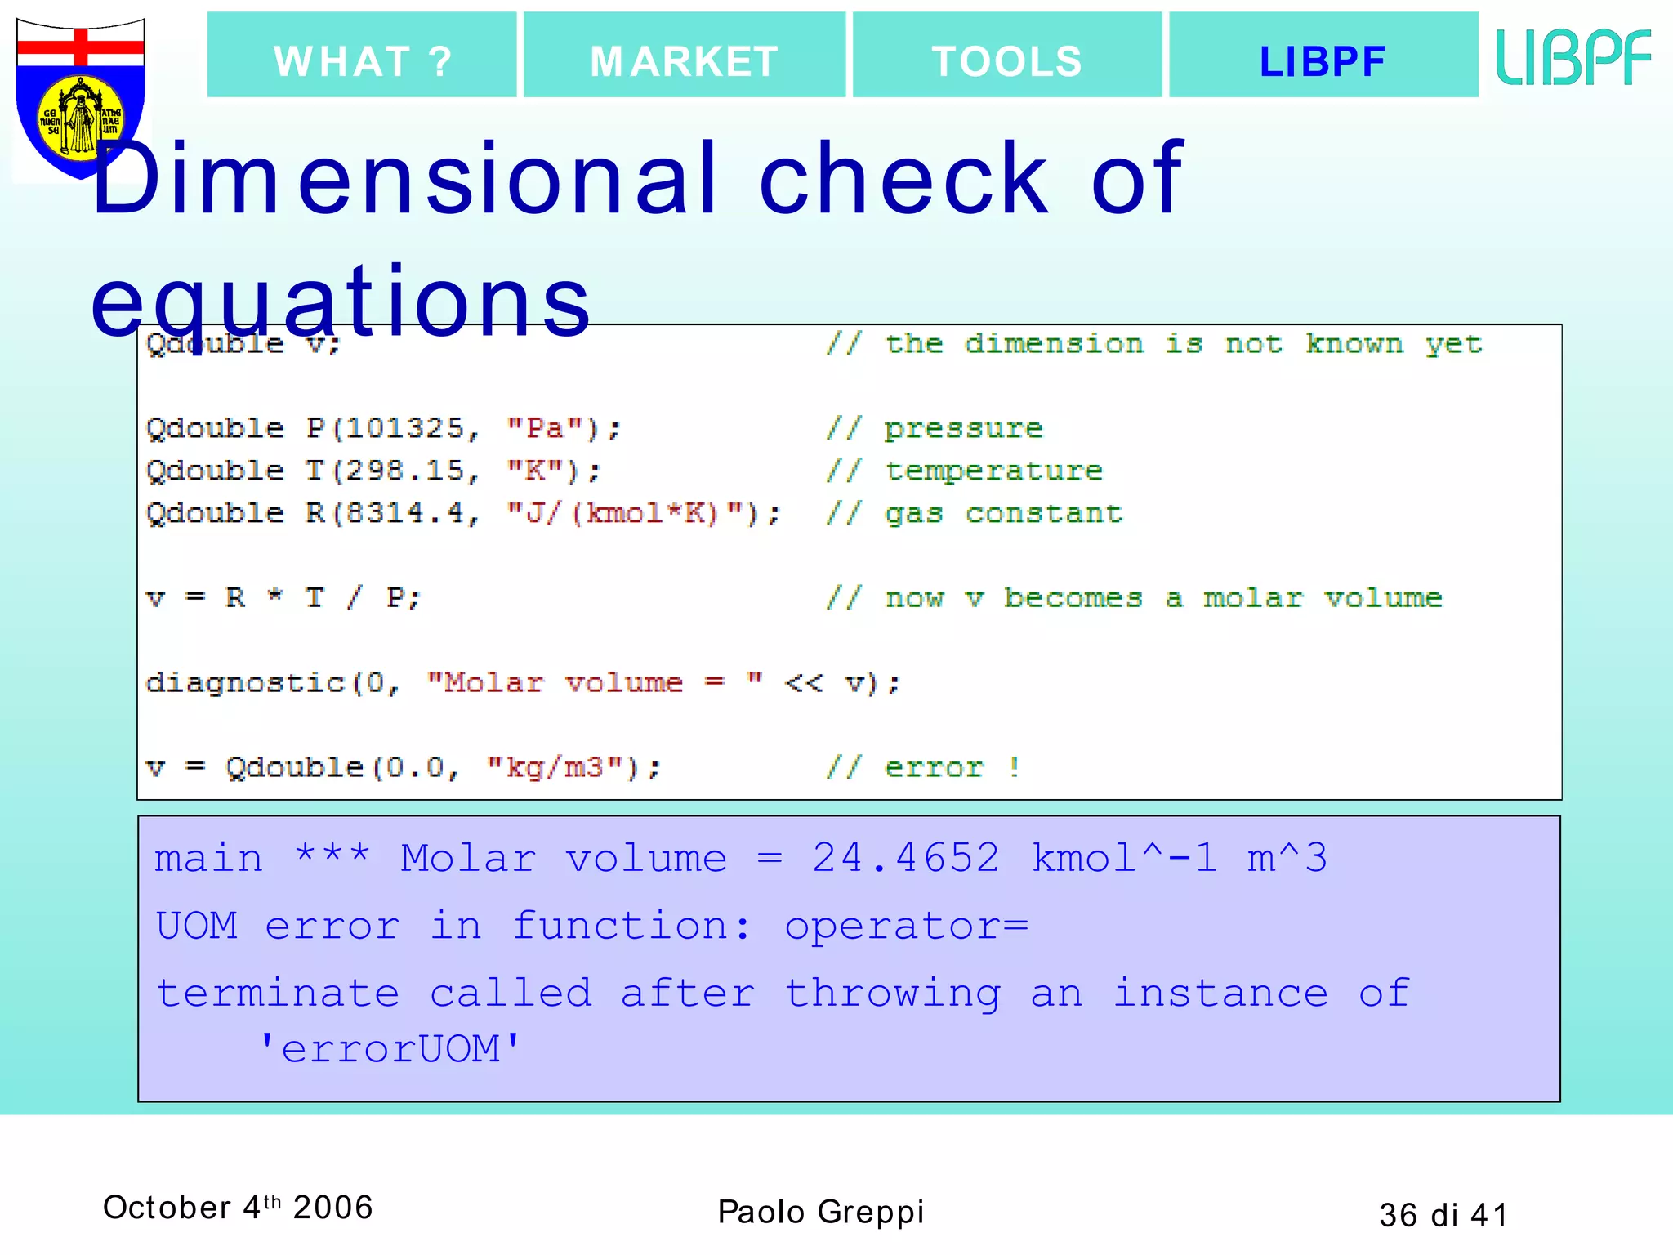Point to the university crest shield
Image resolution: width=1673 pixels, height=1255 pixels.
pos(80,96)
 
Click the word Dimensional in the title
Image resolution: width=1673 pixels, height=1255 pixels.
pos(404,179)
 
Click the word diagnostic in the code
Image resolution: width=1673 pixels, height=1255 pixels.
pos(245,682)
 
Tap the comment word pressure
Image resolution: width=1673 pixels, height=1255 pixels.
pos(964,428)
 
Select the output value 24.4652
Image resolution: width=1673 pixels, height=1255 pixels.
pos(906,858)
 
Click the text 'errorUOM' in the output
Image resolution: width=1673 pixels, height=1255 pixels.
pos(390,1048)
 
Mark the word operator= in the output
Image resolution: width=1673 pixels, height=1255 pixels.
pos(906,927)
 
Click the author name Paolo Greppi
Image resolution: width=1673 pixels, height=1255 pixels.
pos(820,1212)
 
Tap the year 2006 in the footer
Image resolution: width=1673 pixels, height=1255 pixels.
pos(332,1207)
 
